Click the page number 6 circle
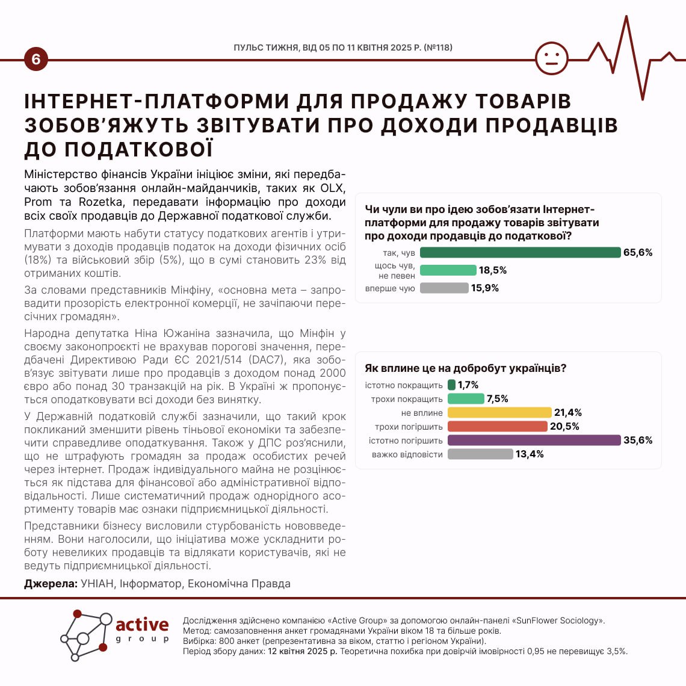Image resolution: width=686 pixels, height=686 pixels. coord(36,59)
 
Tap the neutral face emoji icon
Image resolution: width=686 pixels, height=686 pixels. coord(551,58)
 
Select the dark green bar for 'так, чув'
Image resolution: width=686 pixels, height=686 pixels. coord(520,253)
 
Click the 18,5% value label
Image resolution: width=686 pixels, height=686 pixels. coord(493,271)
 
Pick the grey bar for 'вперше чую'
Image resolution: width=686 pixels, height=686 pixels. coord(444,288)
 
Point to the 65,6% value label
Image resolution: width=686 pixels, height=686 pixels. coord(638,253)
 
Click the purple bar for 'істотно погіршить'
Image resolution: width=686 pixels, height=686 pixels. coord(534,440)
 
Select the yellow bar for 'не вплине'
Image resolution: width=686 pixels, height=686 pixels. coord(499,413)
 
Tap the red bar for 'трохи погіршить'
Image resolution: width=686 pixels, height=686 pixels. coord(498,427)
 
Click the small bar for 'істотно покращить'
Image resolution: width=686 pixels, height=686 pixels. coord(451,385)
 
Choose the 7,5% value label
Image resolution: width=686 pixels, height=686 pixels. coord(498,399)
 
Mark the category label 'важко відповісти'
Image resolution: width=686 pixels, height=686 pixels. coord(407,454)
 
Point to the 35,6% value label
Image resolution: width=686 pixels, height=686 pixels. coord(638,440)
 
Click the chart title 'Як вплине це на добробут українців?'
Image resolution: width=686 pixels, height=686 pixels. coord(465,368)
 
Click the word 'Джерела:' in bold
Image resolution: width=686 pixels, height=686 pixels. coord(51,584)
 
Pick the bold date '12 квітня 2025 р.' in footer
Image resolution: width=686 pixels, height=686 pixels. coord(303,651)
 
